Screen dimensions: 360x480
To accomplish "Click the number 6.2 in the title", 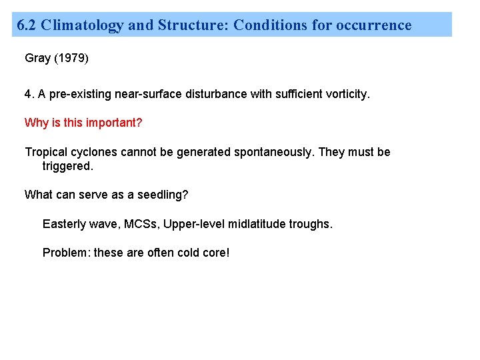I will point(27,25).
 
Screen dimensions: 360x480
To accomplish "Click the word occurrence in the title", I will point(374,25).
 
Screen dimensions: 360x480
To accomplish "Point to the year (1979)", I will point(71,58).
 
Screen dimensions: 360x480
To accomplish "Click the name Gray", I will point(37,58).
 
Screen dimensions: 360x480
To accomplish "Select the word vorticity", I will point(346,94).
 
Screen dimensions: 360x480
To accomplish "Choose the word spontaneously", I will point(273,152).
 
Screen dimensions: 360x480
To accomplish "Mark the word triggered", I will point(67,166).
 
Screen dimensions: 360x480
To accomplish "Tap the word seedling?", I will point(165,195).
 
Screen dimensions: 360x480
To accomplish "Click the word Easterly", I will point(65,224).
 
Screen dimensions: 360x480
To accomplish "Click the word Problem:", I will point(66,253).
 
